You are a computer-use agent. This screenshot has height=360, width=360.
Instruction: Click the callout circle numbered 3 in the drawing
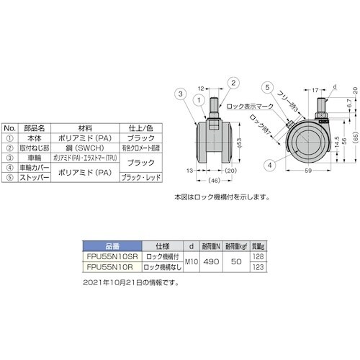coord(180,92)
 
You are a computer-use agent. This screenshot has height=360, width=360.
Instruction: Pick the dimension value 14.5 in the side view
coord(336,137)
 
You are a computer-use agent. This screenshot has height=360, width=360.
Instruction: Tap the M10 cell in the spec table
coord(189,261)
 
